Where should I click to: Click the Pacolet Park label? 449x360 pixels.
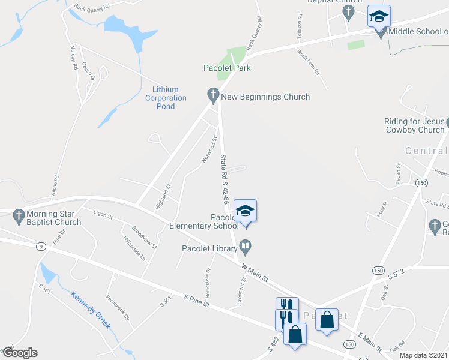226,68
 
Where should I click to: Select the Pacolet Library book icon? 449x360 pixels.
245,245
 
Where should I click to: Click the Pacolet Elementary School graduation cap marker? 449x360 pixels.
245,211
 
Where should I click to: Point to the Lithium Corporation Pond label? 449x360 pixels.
166,98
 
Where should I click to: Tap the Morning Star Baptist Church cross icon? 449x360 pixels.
19,215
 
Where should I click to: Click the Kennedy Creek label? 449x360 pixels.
91,310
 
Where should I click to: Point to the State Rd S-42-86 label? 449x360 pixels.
224,180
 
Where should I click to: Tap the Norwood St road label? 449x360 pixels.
207,152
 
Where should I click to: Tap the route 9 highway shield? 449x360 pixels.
40,246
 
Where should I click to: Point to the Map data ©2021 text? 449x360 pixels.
423,355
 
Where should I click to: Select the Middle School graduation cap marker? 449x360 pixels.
379,17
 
